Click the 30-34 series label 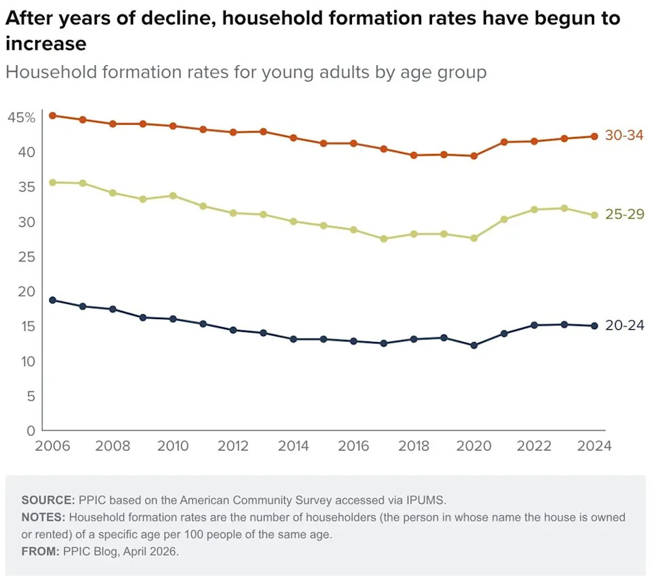pyautogui.click(x=623, y=136)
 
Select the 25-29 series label pyautogui.click(x=623, y=214)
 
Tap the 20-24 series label pyautogui.click(x=623, y=326)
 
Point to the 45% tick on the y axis pyautogui.click(x=21, y=118)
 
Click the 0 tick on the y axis pyautogui.click(x=29, y=430)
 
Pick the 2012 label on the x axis pyautogui.click(x=233, y=446)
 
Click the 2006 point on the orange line pyautogui.click(x=52, y=115)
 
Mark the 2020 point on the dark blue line pyautogui.click(x=474, y=345)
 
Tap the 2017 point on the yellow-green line pyautogui.click(x=384, y=239)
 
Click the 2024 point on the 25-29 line pyautogui.click(x=594, y=215)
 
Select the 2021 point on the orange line pyautogui.click(x=504, y=142)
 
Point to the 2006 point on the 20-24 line pyautogui.click(x=52, y=300)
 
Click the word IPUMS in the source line pyautogui.click(x=425, y=500)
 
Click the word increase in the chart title pyautogui.click(x=46, y=45)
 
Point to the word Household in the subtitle pyautogui.click(x=49, y=72)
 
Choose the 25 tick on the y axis pyautogui.click(x=25, y=257)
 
